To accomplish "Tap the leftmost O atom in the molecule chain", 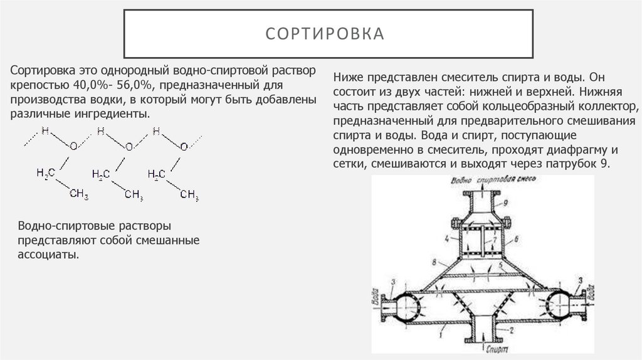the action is click(x=74, y=146).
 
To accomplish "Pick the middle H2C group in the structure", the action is click(x=102, y=174).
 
